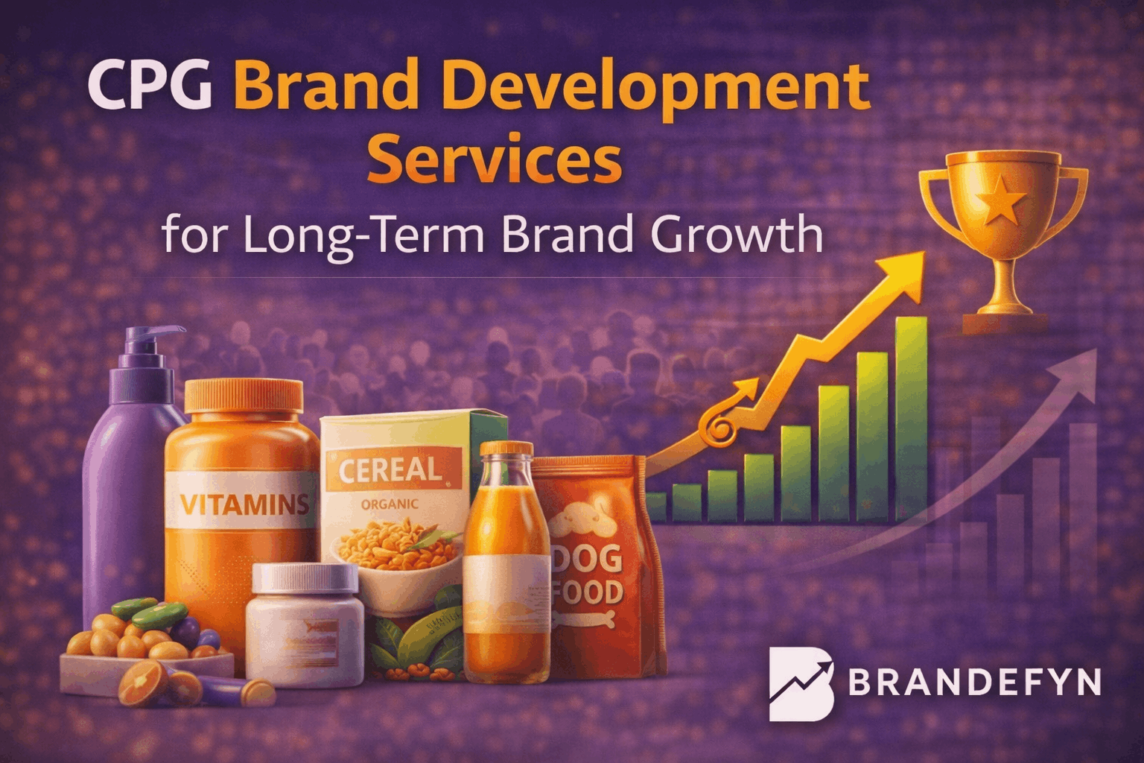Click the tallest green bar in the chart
tap(910, 417)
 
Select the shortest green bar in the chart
tap(656, 506)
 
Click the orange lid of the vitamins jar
tap(244, 395)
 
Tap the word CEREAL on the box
tap(390, 469)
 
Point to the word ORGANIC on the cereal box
tap(390, 504)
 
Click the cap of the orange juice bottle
tap(506, 449)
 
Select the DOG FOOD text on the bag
tap(588, 574)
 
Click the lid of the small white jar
tap(305, 578)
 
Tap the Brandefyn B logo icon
tap(801, 684)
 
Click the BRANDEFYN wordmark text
tap(974, 683)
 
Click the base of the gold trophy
tap(1005, 323)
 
